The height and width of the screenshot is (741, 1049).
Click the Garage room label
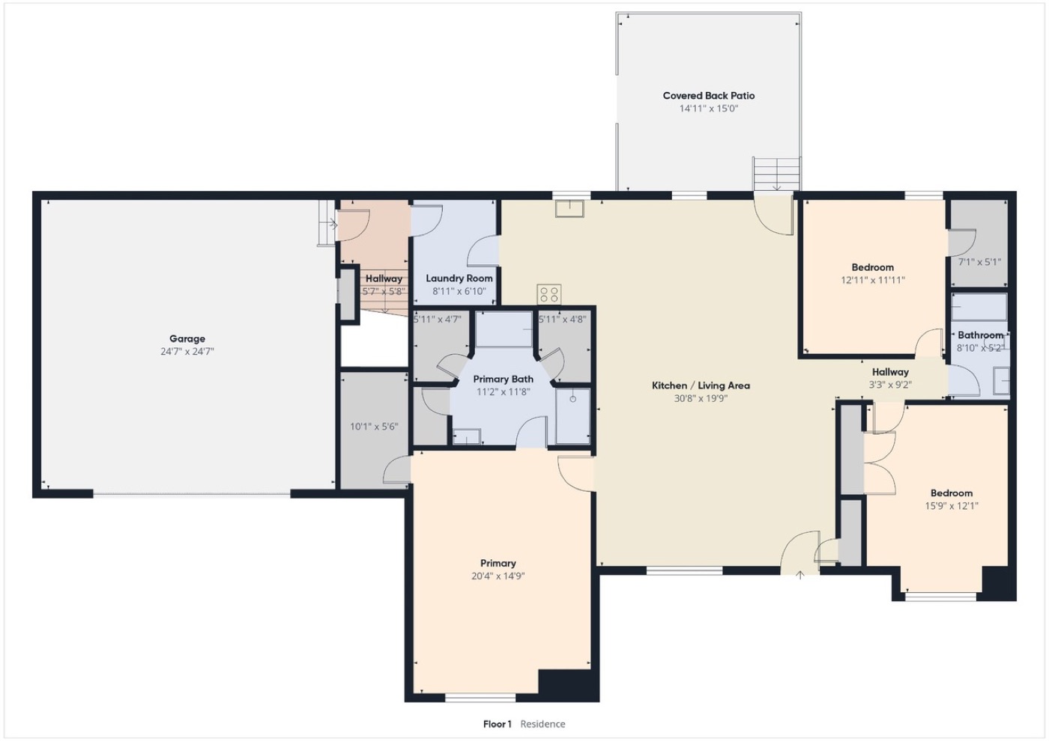(187, 338)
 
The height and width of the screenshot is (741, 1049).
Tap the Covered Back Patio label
(709, 96)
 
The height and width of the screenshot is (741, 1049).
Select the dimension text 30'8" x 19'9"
(701, 398)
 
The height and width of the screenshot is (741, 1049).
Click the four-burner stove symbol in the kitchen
(548, 294)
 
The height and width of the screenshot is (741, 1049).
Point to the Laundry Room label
(459, 278)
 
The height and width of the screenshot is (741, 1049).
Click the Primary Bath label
(503, 379)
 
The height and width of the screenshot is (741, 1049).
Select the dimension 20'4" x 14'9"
(498, 576)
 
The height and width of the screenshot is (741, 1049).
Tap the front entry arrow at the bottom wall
(800, 575)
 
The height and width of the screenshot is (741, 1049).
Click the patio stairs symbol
(776, 174)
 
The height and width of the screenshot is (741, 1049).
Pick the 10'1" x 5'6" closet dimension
(374, 426)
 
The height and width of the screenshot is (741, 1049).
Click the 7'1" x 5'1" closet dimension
(979, 262)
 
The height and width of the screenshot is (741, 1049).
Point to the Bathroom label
(980, 335)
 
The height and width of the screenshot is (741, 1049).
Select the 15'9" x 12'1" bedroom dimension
(952, 506)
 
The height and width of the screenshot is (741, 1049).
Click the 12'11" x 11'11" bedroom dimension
(873, 280)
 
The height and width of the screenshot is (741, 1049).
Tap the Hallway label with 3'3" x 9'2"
(890, 373)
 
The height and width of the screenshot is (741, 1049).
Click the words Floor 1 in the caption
(498, 725)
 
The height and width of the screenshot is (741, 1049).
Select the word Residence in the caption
(542, 725)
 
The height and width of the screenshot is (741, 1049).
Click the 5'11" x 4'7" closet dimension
(438, 320)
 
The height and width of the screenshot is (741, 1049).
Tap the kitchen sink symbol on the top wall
(569, 209)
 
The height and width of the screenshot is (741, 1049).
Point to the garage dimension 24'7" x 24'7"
(187, 351)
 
